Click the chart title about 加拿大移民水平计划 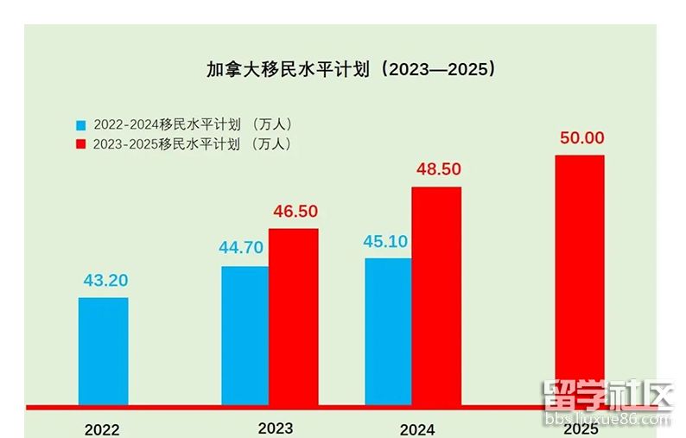click(x=352, y=69)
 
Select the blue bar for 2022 click(x=104, y=351)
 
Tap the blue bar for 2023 click(x=245, y=335)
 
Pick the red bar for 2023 click(x=294, y=316)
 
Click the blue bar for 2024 click(x=389, y=331)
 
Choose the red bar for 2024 click(x=436, y=295)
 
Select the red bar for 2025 click(x=579, y=280)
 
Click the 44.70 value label click(x=241, y=248)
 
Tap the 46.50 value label click(x=295, y=211)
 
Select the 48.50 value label click(x=438, y=169)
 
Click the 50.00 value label click(x=581, y=137)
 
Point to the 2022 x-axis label click(x=102, y=429)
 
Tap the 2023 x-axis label click(x=276, y=428)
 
